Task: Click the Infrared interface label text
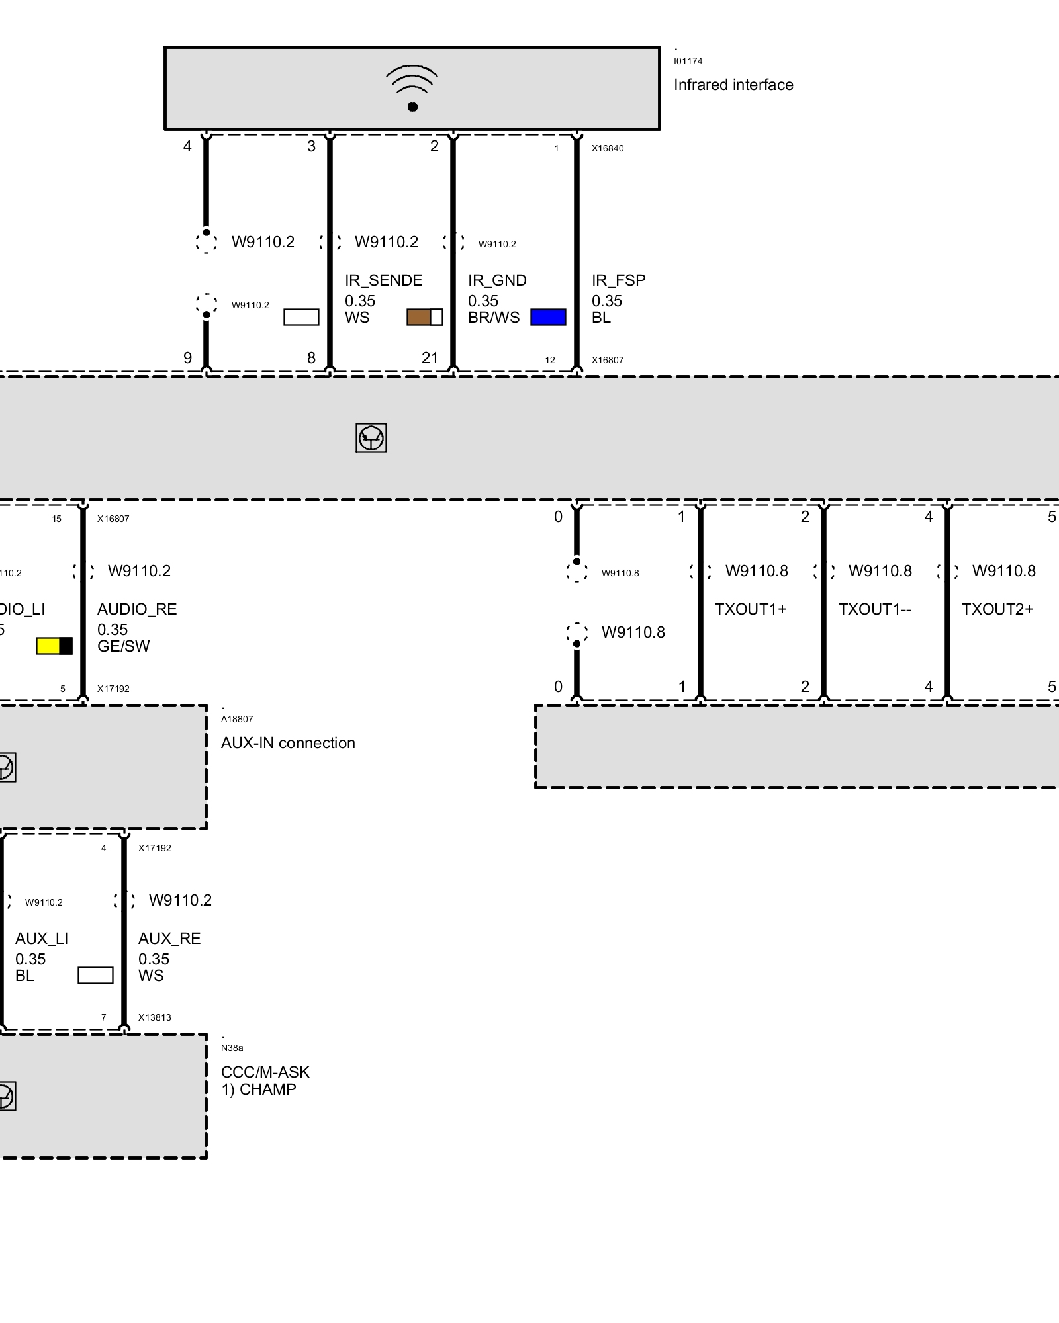pos(733,85)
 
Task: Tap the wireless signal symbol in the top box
pos(412,88)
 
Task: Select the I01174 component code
pos(688,61)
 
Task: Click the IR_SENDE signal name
pos(383,280)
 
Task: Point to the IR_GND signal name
pos(497,280)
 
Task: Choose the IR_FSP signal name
pos(618,280)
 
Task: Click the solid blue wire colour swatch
pos(548,318)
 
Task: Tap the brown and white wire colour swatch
pos(424,318)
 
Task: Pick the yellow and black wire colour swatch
pos(54,646)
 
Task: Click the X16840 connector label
pos(608,148)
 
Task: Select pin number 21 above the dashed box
pos(430,358)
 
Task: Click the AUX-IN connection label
pos(288,743)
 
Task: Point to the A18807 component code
pos(237,719)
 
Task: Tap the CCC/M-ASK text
pos(265,1072)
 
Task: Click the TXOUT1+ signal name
pos(751,609)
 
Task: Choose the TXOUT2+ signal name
pos(997,609)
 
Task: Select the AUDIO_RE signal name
pos(137,609)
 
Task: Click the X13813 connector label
pos(154,1017)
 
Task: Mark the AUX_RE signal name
pos(169,939)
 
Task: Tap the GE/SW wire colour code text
pos(124,646)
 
